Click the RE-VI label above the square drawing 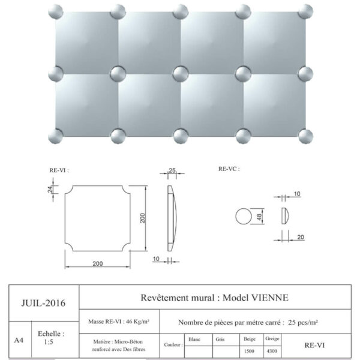tap(59, 170)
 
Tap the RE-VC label tap(229, 169)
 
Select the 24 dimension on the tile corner tap(50, 189)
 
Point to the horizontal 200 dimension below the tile tap(98, 263)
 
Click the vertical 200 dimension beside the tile tap(143, 218)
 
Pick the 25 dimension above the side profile tap(172, 170)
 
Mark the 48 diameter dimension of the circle tap(259, 217)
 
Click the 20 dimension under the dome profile tap(301, 237)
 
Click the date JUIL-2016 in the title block tap(43, 303)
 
